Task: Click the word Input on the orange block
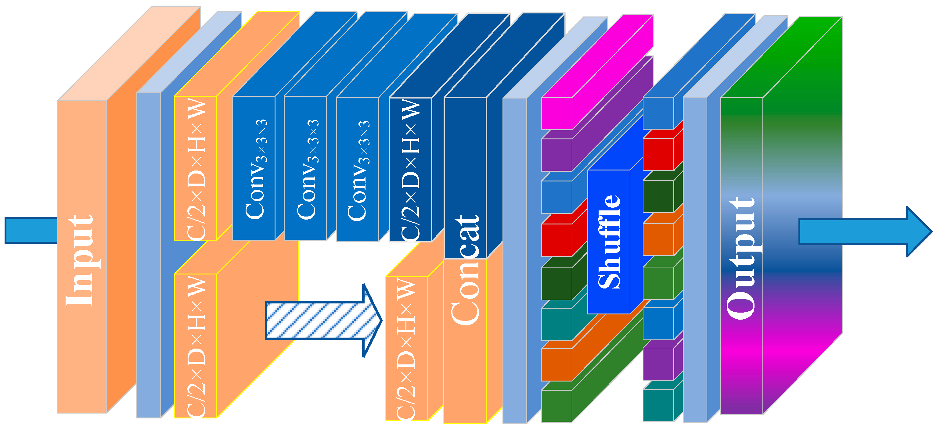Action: pyautogui.click(x=80, y=261)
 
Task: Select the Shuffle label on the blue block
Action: pyautogui.click(x=609, y=242)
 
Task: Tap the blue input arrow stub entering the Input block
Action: pyautogui.click(x=31, y=230)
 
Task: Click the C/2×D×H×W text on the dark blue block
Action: pyautogui.click(x=411, y=170)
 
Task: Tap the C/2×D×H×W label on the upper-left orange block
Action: pyautogui.click(x=196, y=169)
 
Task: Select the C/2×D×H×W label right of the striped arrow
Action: pyautogui.click(x=406, y=348)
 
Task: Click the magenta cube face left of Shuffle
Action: pyautogui.click(x=556, y=113)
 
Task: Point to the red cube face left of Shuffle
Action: pyautogui.click(x=556, y=239)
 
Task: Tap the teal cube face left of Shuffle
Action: pyautogui.click(x=556, y=324)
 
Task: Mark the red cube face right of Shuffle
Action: pyautogui.click(x=658, y=154)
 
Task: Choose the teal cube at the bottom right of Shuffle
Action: pyautogui.click(x=658, y=405)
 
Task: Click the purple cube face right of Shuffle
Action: pyautogui.click(x=658, y=363)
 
